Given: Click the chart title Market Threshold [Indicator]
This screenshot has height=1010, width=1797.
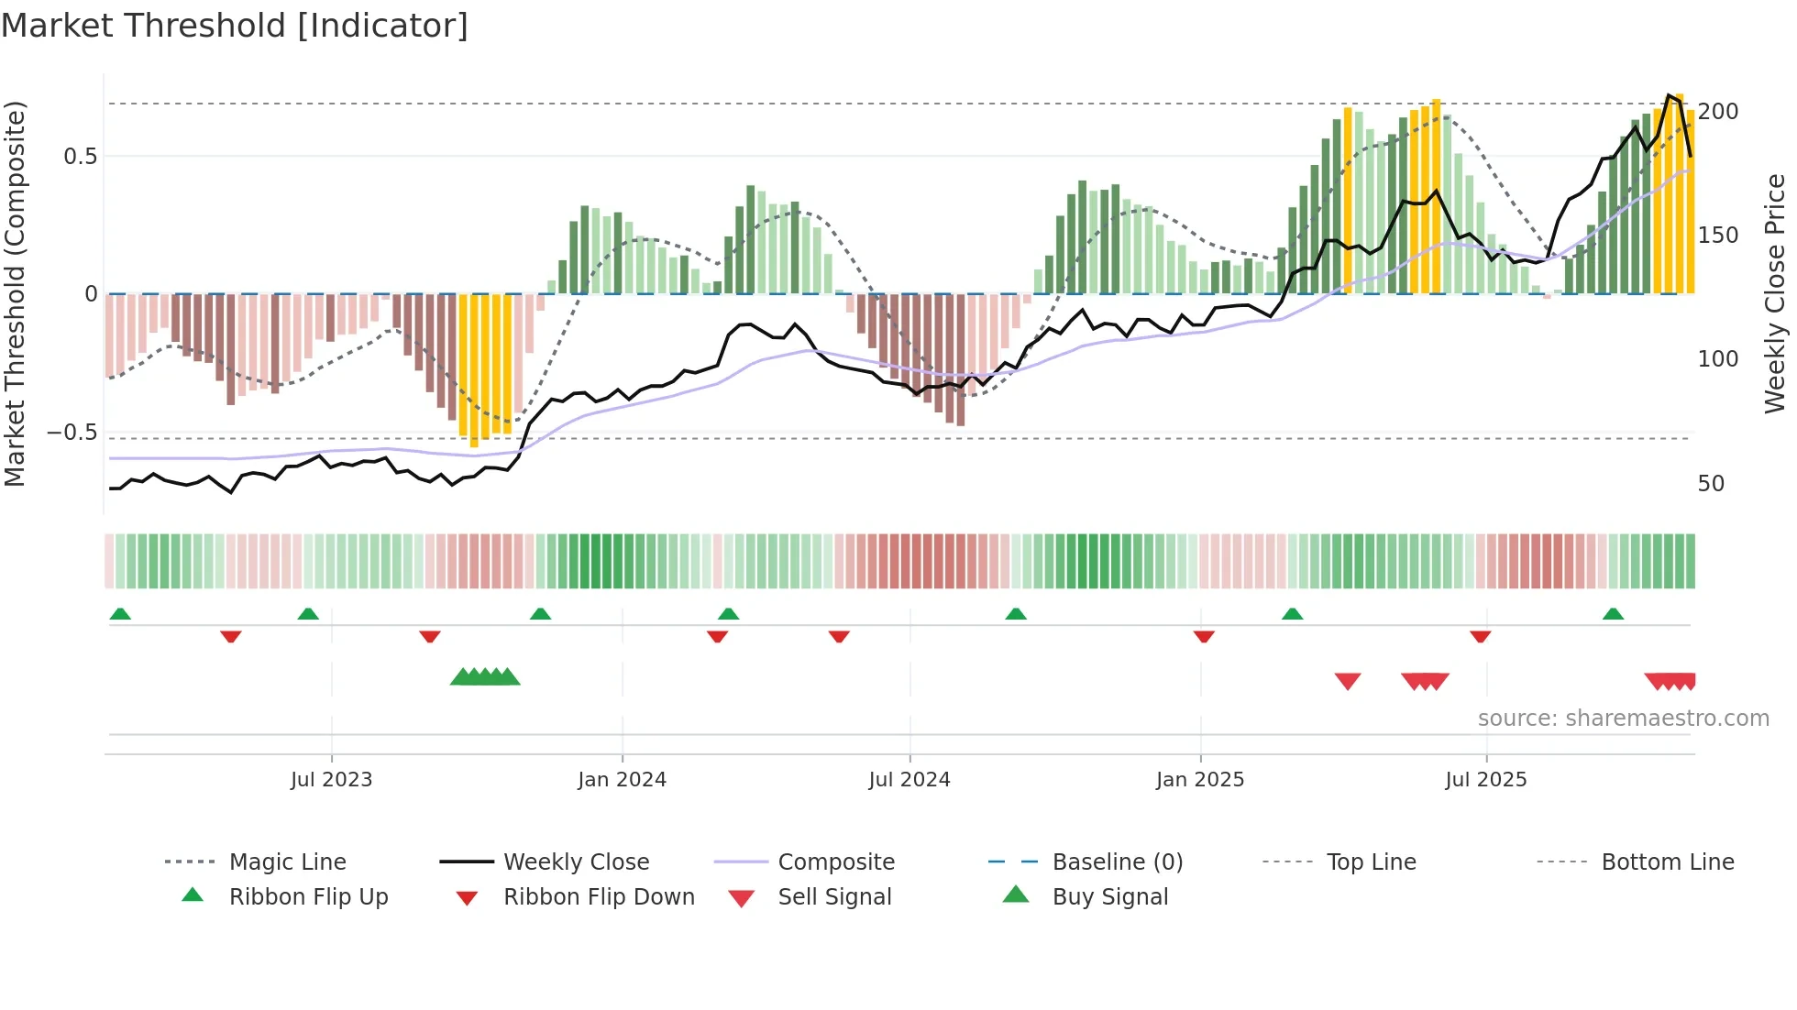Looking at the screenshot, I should (235, 26).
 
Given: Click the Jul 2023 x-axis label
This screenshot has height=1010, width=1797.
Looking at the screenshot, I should (331, 780).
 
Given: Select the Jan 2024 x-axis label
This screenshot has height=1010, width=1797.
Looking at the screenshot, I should (622, 780).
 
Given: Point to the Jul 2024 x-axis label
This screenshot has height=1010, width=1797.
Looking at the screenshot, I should (909, 780).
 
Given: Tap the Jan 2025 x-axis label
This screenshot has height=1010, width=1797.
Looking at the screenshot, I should (1199, 780).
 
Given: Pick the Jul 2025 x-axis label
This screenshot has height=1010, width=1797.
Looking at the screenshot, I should (1485, 780).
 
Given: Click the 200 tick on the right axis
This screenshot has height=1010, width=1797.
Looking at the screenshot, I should (1717, 112).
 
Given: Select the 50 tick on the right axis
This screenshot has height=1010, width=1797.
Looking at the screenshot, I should (1711, 484).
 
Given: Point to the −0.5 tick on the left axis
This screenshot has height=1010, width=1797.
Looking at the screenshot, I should (72, 433).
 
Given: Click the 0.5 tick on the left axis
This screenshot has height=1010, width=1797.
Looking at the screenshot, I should (80, 157).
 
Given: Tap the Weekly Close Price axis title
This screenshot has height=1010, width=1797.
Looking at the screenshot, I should (1775, 293).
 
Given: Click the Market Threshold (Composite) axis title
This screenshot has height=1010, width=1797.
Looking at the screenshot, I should (15, 293).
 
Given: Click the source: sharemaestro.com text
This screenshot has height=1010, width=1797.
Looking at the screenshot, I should (1623, 719).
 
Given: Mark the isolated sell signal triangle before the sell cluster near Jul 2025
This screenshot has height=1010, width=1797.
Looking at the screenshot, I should (1347, 681).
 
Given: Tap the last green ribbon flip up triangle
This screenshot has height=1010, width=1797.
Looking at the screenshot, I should (1613, 614).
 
